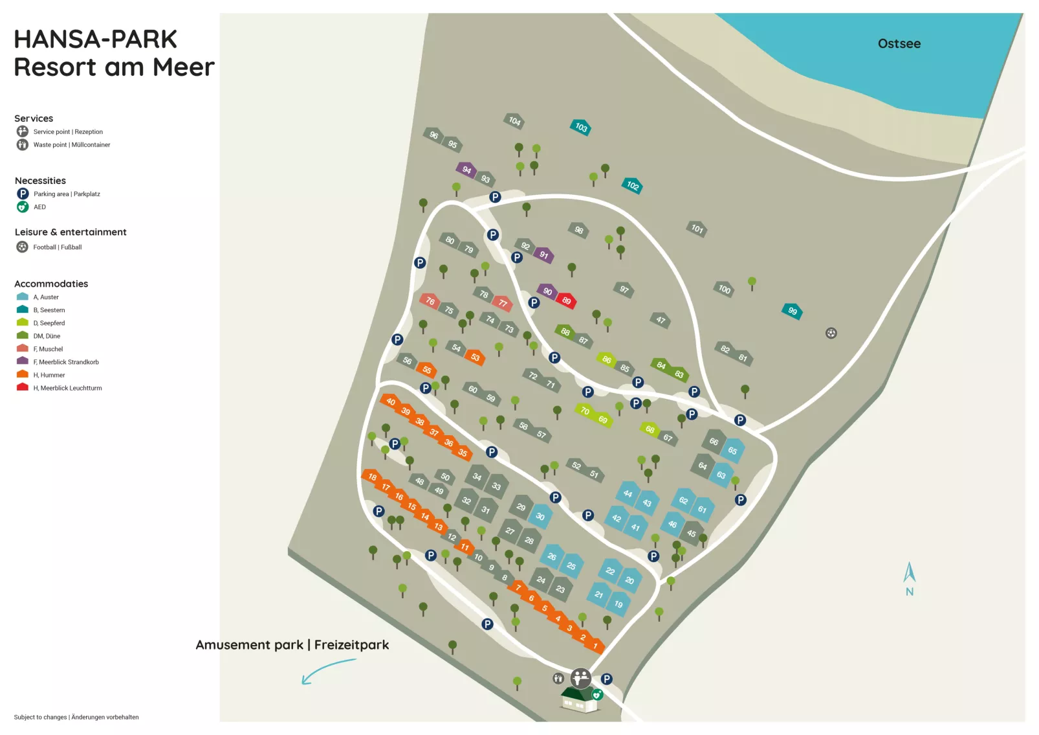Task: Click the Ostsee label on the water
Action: (899, 44)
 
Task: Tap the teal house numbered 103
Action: (580, 127)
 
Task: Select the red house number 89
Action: (566, 300)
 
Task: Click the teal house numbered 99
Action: (792, 311)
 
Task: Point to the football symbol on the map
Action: (831, 333)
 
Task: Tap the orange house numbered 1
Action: (595, 645)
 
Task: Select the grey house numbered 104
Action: (514, 120)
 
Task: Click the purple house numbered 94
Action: (466, 170)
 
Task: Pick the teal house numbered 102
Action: (632, 186)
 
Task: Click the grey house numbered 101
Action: (696, 228)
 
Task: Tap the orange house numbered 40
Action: (390, 401)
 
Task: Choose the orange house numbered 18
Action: (372, 477)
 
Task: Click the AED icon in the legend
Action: (23, 207)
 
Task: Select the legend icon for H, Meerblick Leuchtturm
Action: (23, 387)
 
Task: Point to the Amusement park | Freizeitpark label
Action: (292, 645)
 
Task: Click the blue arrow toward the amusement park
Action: (327, 670)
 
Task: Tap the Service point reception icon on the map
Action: (580, 677)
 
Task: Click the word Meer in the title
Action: (184, 67)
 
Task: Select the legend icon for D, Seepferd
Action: (23, 322)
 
